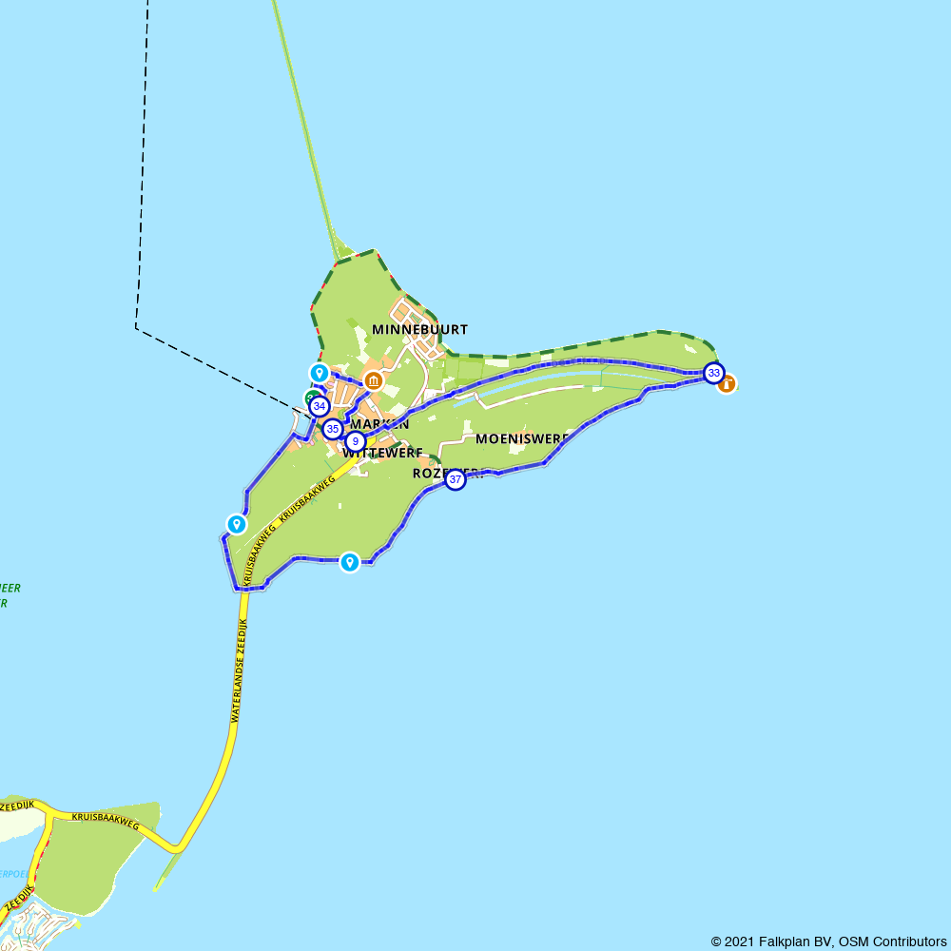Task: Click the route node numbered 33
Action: click(x=713, y=373)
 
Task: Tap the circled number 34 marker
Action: click(x=319, y=407)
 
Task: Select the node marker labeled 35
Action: click(x=332, y=429)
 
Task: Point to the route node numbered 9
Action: click(x=355, y=441)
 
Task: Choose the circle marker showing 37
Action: click(x=456, y=480)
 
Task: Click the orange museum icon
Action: click(x=374, y=382)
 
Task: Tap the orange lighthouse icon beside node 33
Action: click(x=728, y=384)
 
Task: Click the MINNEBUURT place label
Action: click(x=419, y=330)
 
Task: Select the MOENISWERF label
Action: click(x=521, y=438)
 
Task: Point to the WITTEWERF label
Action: click(x=382, y=454)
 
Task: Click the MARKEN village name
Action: click(x=379, y=424)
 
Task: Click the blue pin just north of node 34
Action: click(x=320, y=373)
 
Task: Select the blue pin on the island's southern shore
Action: click(x=350, y=562)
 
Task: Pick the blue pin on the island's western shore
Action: click(x=236, y=523)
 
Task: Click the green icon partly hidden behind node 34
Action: click(x=309, y=398)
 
